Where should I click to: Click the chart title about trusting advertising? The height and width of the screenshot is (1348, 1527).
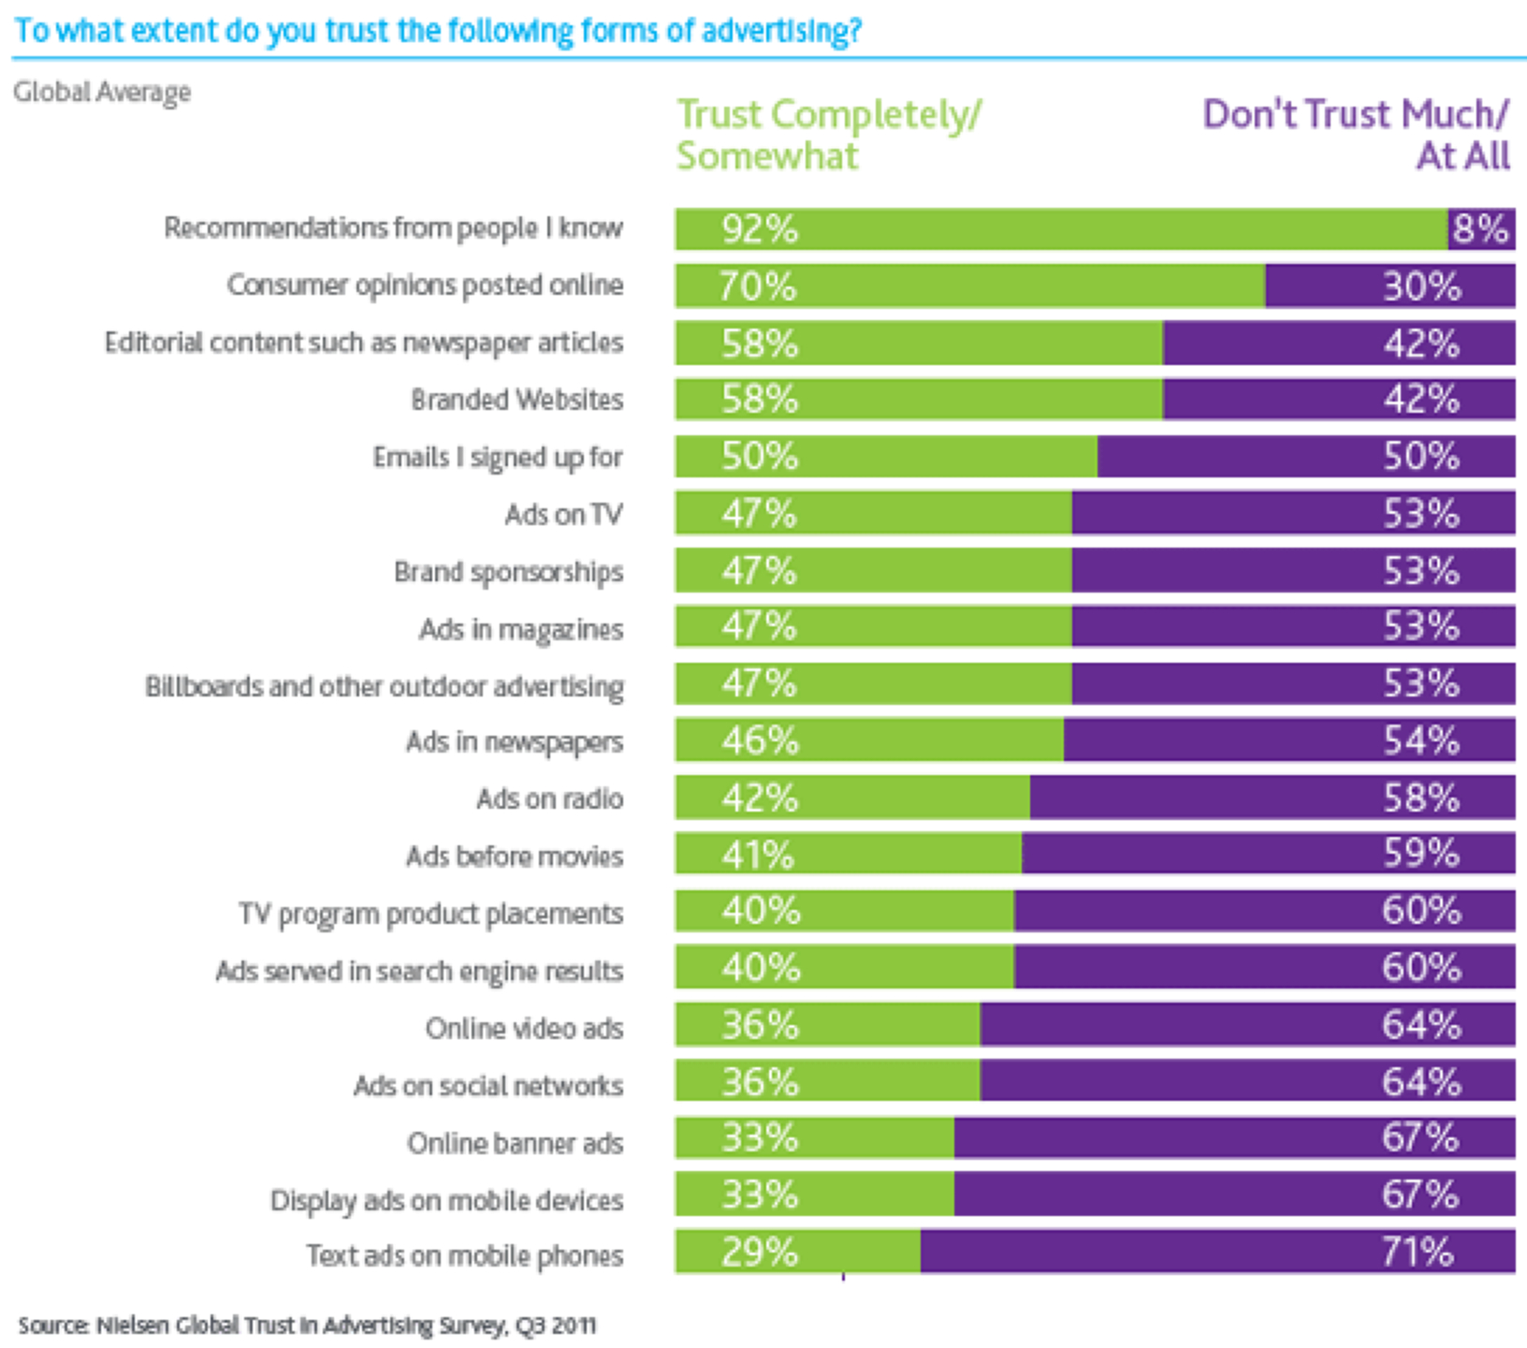tap(438, 31)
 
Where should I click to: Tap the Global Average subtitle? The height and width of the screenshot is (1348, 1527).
tap(102, 92)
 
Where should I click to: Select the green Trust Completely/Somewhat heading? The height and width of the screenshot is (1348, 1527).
tap(828, 135)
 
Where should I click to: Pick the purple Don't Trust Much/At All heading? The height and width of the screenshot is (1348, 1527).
tap(1356, 135)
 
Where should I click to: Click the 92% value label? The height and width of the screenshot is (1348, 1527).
tap(760, 229)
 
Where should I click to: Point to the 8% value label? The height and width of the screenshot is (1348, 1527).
tap(1481, 229)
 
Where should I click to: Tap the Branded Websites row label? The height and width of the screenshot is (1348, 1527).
tap(516, 400)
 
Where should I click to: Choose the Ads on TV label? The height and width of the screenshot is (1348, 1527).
tap(563, 514)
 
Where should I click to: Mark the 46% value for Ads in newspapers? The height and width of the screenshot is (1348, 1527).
tap(760, 741)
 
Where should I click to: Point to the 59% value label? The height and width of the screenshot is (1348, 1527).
tap(1421, 854)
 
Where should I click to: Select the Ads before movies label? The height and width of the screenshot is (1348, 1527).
tap(514, 857)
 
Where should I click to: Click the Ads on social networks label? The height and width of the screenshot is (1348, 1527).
tap(487, 1086)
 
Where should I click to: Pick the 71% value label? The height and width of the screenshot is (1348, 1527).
tap(1418, 1252)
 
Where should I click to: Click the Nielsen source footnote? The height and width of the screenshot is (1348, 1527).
tap(307, 1326)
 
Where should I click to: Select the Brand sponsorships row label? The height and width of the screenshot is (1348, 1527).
tap(508, 572)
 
